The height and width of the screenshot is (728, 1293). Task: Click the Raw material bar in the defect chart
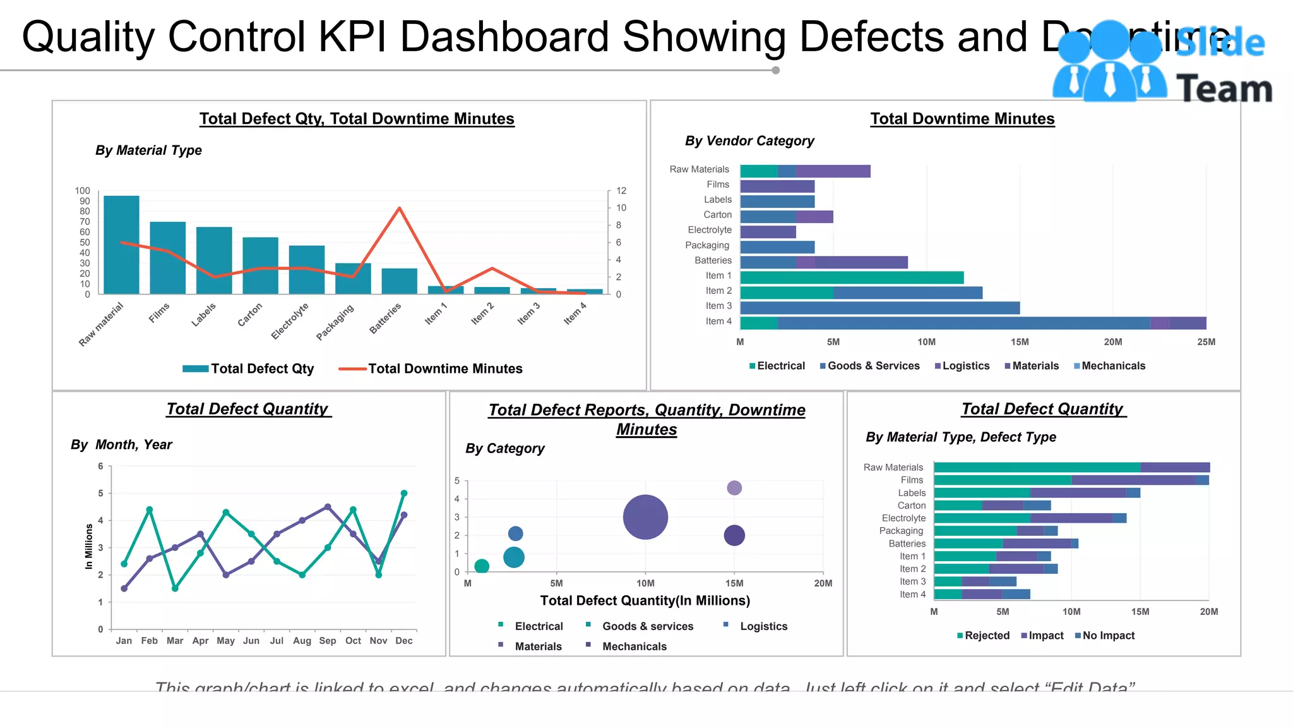click(x=121, y=245)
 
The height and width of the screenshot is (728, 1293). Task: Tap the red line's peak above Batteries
click(x=399, y=208)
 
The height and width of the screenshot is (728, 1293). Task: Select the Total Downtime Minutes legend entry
click(x=444, y=369)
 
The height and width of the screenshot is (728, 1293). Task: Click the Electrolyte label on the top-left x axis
click(x=290, y=320)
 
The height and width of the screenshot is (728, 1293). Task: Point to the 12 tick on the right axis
click(x=621, y=191)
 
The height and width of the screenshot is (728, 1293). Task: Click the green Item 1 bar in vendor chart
click(x=851, y=277)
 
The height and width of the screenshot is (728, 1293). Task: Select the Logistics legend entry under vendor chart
click(x=965, y=366)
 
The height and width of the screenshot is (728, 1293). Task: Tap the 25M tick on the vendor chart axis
click(x=1206, y=342)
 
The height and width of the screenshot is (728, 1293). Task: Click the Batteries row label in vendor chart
click(x=713, y=260)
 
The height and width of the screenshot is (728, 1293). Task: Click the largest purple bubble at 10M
click(x=645, y=517)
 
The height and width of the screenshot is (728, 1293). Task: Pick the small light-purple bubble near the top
click(x=734, y=488)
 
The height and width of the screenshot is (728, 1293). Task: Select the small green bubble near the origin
click(x=482, y=566)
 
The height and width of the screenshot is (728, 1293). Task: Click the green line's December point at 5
click(x=404, y=494)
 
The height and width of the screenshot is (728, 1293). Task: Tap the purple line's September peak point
click(x=328, y=507)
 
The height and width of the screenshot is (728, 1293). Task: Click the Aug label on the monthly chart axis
click(x=302, y=641)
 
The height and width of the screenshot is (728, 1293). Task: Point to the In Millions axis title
click(x=89, y=547)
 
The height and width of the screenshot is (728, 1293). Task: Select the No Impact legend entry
click(x=1108, y=636)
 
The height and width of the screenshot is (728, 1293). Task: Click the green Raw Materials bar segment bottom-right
click(x=1037, y=468)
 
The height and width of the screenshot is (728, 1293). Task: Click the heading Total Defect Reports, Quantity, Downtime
click(x=646, y=410)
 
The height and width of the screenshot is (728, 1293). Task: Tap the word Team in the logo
click(x=1224, y=89)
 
